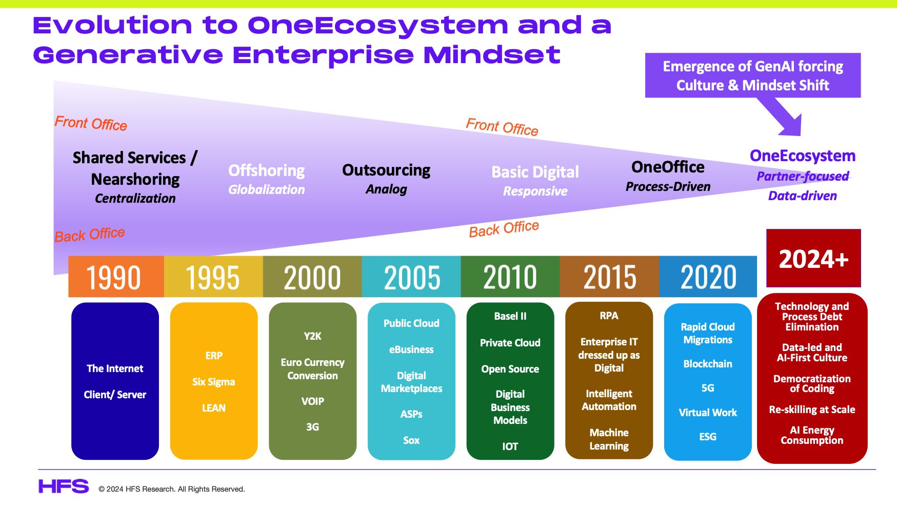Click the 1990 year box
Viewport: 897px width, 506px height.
click(x=116, y=277)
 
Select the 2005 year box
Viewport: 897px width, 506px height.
click(x=411, y=277)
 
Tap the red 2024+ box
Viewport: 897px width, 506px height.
click(x=813, y=258)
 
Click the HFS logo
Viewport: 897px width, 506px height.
click(x=64, y=486)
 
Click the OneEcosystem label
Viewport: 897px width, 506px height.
click(x=803, y=155)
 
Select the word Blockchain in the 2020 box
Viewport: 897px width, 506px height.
click(x=708, y=364)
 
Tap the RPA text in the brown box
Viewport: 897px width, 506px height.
click(x=609, y=316)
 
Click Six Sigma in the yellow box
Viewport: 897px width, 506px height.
click(x=213, y=382)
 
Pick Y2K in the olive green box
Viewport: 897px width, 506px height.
click(x=312, y=336)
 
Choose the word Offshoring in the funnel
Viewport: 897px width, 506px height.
click(x=266, y=170)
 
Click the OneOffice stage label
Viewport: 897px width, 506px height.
click(x=668, y=167)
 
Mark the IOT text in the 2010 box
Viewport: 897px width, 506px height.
click(x=510, y=446)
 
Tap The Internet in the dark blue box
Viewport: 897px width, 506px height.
click(x=115, y=368)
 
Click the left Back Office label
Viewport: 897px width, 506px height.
click(x=90, y=235)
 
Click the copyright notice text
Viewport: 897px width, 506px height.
click(x=172, y=489)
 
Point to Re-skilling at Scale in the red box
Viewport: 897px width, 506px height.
click(x=812, y=410)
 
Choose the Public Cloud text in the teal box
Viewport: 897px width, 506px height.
click(x=411, y=323)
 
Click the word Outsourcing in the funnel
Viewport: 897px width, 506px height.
click(x=386, y=170)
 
